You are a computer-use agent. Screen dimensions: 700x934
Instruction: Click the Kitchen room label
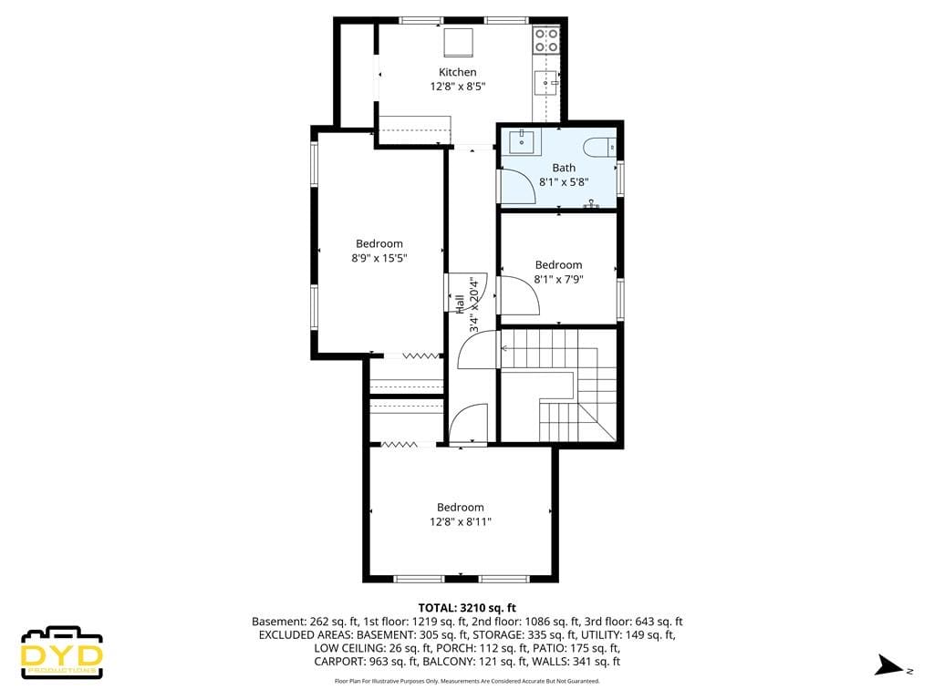457,72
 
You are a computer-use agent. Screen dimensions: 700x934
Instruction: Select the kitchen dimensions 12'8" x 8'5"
457,87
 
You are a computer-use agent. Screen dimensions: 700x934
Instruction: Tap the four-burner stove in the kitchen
545,39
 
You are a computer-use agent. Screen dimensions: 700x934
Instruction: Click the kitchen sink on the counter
545,83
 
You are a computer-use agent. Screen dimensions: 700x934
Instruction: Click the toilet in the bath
601,148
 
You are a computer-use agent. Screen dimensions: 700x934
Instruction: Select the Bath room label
564,168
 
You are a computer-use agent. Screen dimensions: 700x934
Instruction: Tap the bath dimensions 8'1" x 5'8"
564,181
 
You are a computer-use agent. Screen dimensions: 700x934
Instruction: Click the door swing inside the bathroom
518,185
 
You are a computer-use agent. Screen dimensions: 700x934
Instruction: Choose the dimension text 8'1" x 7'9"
558,280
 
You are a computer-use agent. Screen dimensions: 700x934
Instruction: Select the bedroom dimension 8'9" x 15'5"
379,258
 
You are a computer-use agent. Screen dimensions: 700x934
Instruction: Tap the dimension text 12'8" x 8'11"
460,521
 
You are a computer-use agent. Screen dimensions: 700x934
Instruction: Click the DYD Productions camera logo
62,653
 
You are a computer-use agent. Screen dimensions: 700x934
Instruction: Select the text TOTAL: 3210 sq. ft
467,607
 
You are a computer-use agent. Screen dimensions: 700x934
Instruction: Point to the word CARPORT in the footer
340,662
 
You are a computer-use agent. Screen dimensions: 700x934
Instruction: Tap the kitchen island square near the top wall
458,41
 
